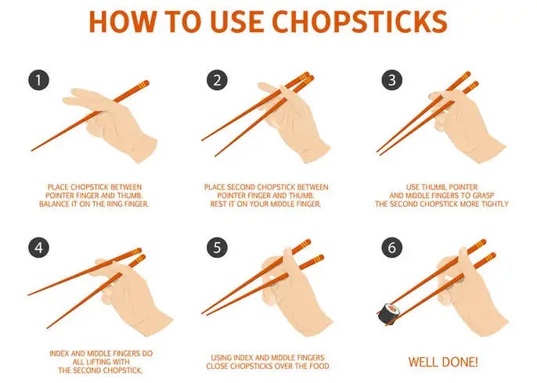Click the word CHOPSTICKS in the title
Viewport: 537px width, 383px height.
(x=360, y=22)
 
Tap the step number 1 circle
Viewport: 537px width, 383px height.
(x=39, y=80)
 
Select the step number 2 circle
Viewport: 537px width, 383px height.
(x=217, y=80)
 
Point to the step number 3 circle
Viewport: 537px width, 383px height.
(x=391, y=80)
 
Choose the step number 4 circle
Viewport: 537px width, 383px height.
(x=39, y=249)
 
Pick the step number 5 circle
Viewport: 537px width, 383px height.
(x=217, y=249)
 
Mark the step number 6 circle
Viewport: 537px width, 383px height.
(x=391, y=249)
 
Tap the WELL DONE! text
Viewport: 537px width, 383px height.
(x=443, y=362)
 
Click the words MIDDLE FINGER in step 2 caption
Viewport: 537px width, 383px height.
(x=294, y=204)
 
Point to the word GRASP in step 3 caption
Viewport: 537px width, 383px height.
(x=499, y=195)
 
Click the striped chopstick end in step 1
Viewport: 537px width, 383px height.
(x=141, y=84)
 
